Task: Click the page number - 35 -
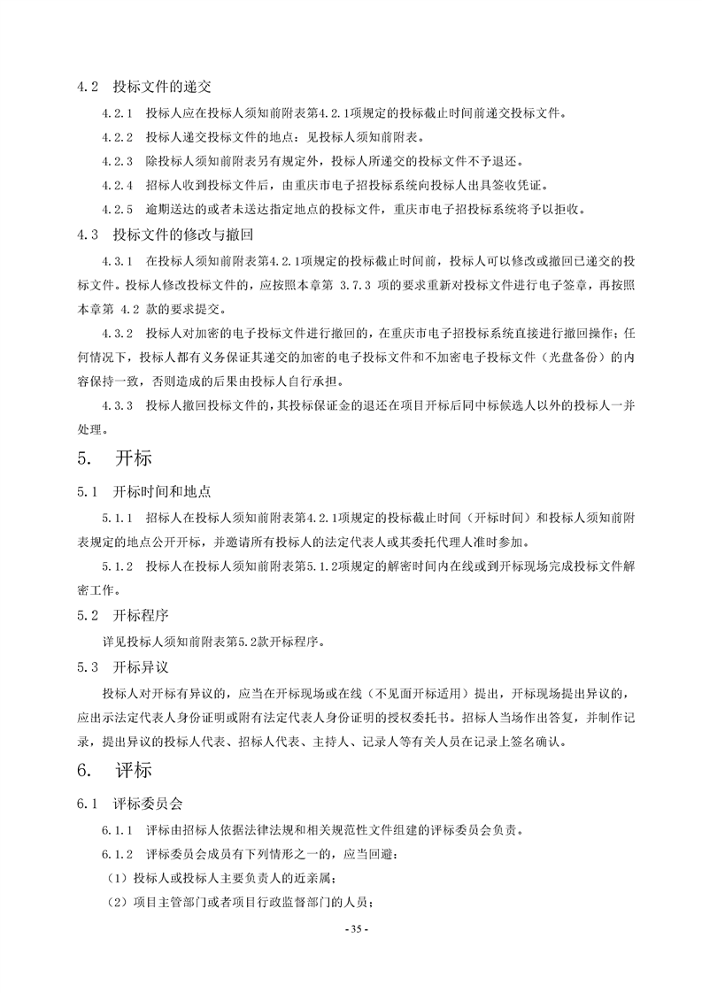(351, 928)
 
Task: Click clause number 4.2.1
(118, 113)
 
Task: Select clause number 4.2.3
(118, 161)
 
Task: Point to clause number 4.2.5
(118, 210)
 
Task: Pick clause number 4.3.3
(118, 406)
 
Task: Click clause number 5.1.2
(118, 565)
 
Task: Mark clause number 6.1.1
(118, 831)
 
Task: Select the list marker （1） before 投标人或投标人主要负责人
(117, 879)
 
